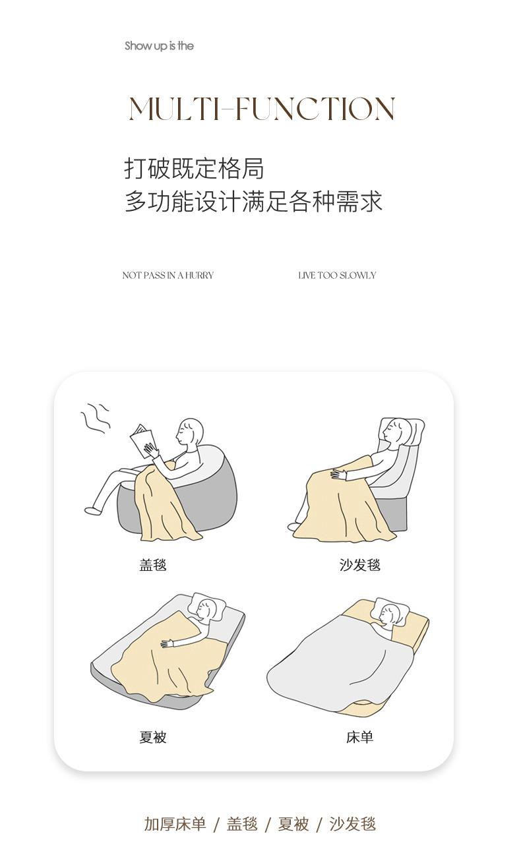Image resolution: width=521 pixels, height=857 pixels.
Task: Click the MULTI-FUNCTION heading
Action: [262, 108]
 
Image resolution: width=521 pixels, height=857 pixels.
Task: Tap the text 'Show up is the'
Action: [159, 46]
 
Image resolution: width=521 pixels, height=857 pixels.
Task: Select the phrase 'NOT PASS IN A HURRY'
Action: [168, 275]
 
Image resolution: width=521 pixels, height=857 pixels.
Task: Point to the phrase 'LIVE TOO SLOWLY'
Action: [337, 275]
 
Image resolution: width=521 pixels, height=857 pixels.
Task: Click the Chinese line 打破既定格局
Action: [194, 168]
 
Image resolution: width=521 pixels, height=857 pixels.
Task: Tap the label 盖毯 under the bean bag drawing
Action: [153, 565]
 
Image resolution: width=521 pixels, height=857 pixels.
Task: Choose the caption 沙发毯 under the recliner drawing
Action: [360, 565]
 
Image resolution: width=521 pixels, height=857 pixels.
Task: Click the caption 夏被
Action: [153, 737]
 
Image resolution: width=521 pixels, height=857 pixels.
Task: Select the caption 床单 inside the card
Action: [360, 737]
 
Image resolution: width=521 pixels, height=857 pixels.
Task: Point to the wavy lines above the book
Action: [96, 418]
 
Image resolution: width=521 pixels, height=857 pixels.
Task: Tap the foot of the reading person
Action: [92, 510]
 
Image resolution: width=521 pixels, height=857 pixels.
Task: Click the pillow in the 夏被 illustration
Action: [206, 606]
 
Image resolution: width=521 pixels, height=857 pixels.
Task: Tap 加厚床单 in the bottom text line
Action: [175, 824]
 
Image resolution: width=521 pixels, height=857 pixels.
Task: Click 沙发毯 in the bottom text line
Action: [353, 824]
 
